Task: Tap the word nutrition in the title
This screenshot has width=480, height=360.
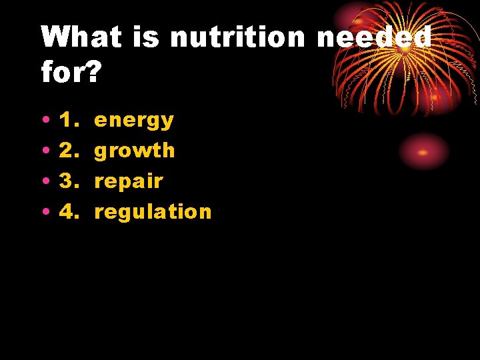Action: point(237,37)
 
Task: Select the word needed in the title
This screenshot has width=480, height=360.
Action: point(373,37)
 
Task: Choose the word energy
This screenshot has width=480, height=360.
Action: point(134,121)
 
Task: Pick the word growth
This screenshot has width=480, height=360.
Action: point(135,151)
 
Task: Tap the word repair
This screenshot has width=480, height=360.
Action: point(129,181)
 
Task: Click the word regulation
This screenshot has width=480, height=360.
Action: point(153,212)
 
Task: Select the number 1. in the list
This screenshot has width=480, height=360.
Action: point(68,121)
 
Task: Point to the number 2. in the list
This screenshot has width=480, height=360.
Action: point(68,151)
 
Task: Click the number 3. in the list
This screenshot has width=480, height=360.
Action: point(68,181)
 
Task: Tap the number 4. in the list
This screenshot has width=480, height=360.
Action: point(68,212)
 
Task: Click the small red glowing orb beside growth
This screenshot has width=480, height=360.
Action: point(423,152)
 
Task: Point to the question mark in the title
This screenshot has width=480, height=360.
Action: point(93,72)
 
